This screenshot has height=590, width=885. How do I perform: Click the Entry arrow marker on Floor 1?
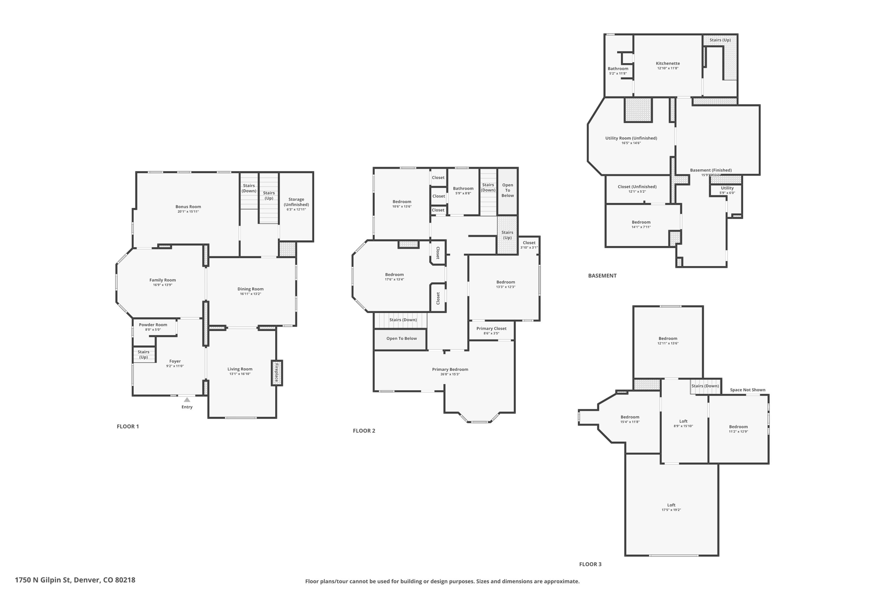187,400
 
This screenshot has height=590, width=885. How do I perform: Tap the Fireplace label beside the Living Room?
277,372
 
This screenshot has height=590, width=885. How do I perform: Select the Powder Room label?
153,325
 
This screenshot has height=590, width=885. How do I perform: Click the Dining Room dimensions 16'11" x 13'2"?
251,294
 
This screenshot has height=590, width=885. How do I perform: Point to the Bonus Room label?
188,207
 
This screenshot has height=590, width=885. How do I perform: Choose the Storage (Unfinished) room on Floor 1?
296,204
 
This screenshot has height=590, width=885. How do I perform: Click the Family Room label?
162,280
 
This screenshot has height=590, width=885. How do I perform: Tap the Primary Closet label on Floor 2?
491,328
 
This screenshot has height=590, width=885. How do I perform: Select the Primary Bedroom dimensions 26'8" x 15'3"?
450,374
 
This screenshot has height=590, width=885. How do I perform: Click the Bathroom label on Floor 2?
463,188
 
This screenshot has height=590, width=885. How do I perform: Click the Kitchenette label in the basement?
668,63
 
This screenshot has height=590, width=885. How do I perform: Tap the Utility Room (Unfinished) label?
631,138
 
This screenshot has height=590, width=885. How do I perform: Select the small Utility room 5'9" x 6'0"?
727,190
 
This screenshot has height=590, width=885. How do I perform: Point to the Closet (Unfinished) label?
637,187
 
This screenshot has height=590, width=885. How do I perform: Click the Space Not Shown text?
747,390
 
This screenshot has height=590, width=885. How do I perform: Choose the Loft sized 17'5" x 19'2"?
671,507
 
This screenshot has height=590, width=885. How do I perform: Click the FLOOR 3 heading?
590,564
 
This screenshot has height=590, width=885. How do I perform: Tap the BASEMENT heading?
602,276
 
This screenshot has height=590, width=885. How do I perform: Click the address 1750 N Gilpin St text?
75,580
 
